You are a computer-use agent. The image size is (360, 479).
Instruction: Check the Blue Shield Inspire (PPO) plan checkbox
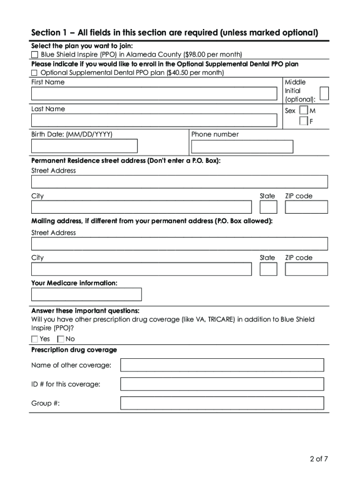tap(35, 55)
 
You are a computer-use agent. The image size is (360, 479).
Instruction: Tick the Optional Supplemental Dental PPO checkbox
tap(35, 73)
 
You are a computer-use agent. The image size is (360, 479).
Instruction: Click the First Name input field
tap(154, 94)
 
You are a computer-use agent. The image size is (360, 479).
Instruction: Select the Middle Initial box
tap(324, 94)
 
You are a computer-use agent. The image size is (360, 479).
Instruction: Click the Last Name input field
tap(154, 120)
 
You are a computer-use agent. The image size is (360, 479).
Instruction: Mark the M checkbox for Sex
tap(304, 111)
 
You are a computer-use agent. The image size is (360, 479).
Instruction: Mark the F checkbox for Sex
tap(304, 122)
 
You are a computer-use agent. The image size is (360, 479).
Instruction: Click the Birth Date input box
tap(85, 146)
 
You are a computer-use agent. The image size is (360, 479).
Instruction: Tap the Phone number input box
tap(242, 146)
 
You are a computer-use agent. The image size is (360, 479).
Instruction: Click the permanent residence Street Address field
tap(180, 181)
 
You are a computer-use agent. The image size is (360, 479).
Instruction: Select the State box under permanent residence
tap(268, 207)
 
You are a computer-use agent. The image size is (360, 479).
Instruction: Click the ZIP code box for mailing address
tap(306, 269)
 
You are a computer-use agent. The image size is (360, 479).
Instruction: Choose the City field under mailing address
tap(141, 269)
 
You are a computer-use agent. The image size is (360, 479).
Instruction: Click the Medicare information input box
tap(86, 294)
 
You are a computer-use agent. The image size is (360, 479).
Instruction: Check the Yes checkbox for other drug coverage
tap(35, 339)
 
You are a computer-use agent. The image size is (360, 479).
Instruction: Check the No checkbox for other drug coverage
tap(61, 339)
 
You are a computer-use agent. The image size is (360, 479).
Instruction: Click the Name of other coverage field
tap(222, 365)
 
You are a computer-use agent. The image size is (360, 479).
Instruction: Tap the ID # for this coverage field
tap(222, 384)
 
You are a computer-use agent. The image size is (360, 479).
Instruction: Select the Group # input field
tap(222, 403)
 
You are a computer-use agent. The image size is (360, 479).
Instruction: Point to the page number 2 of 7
tap(319, 458)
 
